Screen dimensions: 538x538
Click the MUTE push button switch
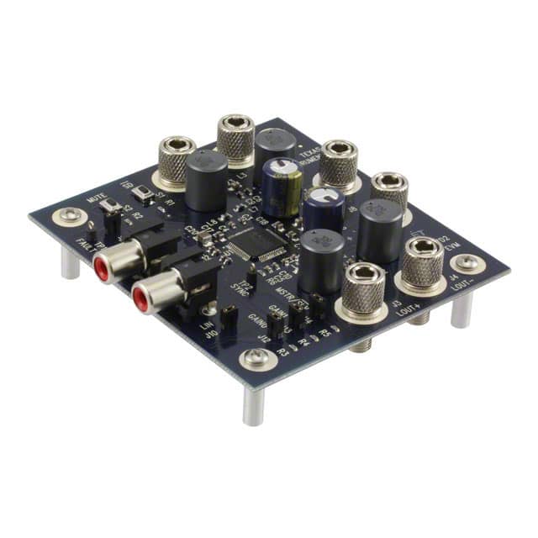tap(109, 205)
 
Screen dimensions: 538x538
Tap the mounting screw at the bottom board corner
tap(255, 360)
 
